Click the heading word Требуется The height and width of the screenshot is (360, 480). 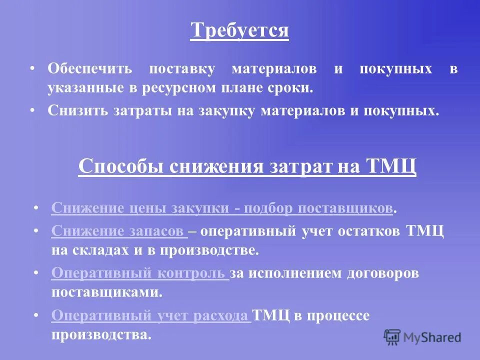(239, 30)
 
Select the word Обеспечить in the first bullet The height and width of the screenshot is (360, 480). (89, 69)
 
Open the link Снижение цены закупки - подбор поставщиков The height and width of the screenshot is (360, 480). (222, 208)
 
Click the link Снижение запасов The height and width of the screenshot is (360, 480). (118, 231)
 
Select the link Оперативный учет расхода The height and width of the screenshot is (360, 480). (150, 315)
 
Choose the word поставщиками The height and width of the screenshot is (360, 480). (107, 292)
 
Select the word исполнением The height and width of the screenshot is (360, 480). (292, 273)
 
